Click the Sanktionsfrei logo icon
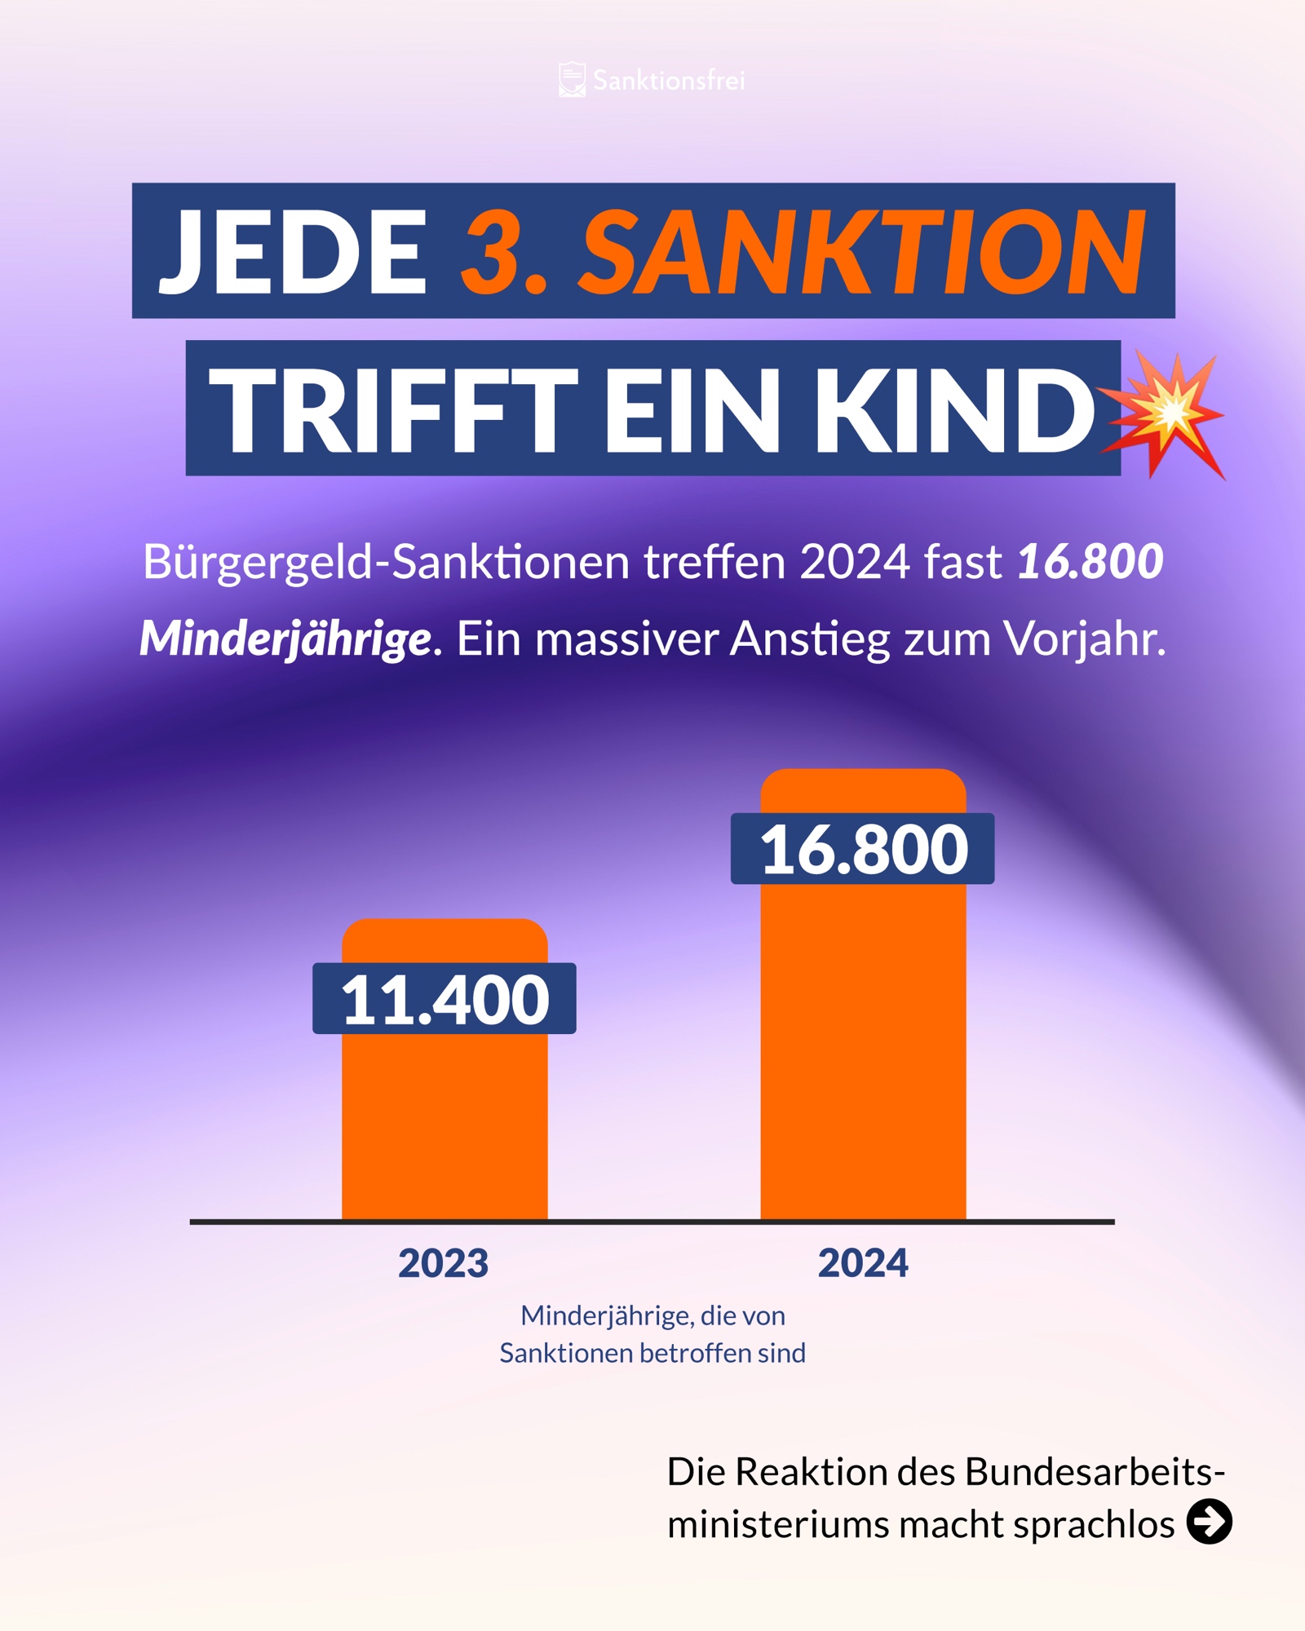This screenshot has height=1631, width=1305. pos(572,80)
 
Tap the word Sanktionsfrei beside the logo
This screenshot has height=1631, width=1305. pos(669,81)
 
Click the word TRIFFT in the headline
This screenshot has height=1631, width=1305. pos(393,409)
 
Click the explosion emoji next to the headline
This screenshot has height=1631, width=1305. pos(1165,414)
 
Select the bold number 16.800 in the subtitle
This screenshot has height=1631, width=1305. pos(1090,562)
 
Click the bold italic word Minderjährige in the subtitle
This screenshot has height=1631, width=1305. pos(285,639)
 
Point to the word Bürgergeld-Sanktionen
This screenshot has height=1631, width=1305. pos(387,562)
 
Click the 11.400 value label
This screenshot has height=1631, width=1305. pos(445,999)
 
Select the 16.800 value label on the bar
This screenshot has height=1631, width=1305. pos(863,849)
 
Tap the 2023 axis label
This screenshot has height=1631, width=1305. pos(443,1263)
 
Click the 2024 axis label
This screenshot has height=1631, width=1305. pos(863,1263)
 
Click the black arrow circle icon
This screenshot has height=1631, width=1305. pos(1210,1522)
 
